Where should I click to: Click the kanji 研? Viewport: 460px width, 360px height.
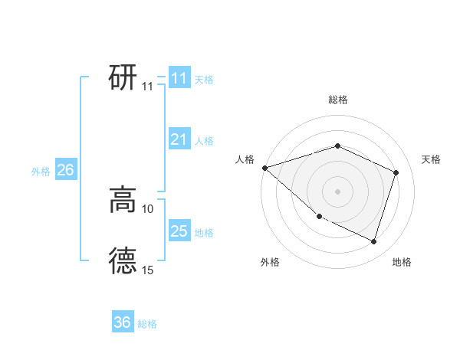pyautogui.click(x=123, y=77)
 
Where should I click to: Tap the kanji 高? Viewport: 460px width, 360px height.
pyautogui.click(x=123, y=200)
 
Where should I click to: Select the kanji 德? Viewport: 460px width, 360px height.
pyautogui.click(x=123, y=260)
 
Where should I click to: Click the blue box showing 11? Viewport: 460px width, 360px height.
pyautogui.click(x=179, y=77)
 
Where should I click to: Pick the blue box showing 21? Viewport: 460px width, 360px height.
pyautogui.click(x=179, y=139)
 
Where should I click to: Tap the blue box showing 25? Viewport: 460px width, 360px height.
pyautogui.click(x=179, y=231)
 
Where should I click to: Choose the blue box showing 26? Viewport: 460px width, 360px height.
pyautogui.click(x=65, y=170)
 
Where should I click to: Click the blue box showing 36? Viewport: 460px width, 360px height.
pyautogui.click(x=123, y=322)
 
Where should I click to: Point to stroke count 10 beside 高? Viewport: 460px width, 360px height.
pyautogui.click(x=148, y=208)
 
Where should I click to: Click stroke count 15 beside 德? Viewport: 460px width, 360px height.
pyautogui.click(x=148, y=270)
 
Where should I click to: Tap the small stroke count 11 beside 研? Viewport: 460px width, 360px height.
pyautogui.click(x=148, y=87)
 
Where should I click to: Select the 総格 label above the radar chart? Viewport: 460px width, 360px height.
pyautogui.click(x=338, y=100)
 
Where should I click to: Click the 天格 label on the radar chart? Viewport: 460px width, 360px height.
pyautogui.click(x=432, y=159)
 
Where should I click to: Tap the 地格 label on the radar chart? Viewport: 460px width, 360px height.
pyautogui.click(x=402, y=262)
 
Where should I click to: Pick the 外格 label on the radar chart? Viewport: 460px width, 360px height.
pyautogui.click(x=270, y=262)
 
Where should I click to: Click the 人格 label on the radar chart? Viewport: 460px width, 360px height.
pyautogui.click(x=245, y=159)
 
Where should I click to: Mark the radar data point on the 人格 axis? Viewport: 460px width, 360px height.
pyautogui.click(x=264, y=167)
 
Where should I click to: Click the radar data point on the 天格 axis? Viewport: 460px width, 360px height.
pyautogui.click(x=396, y=172)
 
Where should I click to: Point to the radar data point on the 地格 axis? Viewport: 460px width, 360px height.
pyautogui.click(x=374, y=242)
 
